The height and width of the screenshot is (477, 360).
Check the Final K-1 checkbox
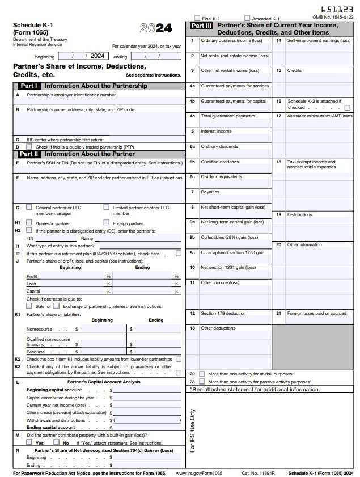pos(197,18)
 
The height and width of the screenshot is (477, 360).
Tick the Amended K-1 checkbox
pos(247,18)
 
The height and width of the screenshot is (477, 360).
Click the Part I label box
pos(28,86)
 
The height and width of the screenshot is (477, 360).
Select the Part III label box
pos(201,26)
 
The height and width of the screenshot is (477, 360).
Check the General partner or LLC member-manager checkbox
pos(29,208)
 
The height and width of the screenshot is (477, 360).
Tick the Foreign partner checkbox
pos(107,223)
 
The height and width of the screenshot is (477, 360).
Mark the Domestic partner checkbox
pos(29,223)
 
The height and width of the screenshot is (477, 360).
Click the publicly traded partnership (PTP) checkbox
pos(29,146)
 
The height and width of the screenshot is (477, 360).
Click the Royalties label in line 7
pos(210,192)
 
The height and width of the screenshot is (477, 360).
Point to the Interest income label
pos(216,131)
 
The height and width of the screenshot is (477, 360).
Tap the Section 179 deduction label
pos(223,313)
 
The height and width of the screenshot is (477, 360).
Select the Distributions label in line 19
pos(299,214)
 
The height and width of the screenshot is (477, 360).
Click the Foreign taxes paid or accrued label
pos(316,313)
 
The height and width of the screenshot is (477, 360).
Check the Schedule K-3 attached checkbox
pos(347,107)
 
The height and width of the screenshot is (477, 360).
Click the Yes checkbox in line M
pos(30,442)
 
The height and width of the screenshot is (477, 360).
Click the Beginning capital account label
pos(54,390)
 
